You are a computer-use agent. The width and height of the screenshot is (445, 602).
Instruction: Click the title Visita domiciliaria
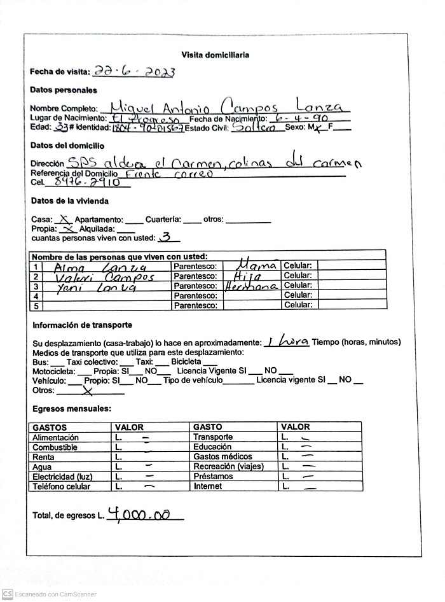coord(215,55)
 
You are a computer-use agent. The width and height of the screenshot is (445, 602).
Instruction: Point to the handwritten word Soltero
coord(254,127)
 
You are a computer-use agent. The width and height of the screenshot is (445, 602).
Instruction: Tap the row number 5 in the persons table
coord(37,306)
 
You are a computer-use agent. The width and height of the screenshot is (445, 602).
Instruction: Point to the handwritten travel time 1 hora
coord(287,342)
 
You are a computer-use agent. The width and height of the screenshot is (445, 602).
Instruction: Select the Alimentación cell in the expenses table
coord(56,438)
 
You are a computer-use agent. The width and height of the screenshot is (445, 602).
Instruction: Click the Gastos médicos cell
coord(222,457)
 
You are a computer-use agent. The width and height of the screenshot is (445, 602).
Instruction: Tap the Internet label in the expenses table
coord(208,487)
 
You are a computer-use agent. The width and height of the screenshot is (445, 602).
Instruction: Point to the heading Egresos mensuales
coord(71,409)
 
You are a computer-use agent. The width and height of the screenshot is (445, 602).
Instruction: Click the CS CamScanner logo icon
coord(7,594)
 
